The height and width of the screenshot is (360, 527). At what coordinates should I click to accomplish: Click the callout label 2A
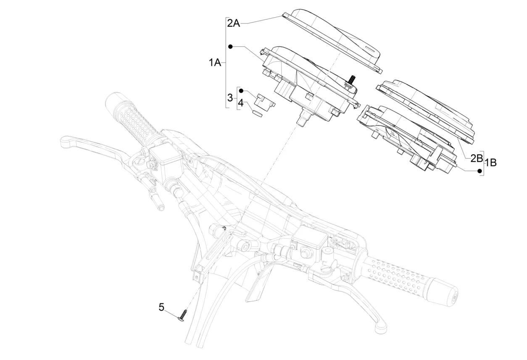(x=233, y=23)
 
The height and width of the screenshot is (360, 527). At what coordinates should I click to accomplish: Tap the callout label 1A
(x=215, y=63)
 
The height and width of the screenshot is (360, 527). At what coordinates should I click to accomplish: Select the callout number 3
(x=230, y=98)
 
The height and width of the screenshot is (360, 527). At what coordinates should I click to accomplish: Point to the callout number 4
(x=240, y=102)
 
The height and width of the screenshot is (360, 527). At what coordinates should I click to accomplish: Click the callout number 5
(x=162, y=307)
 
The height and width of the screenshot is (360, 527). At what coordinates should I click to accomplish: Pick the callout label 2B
(x=476, y=158)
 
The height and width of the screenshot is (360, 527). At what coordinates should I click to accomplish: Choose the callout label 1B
(x=490, y=163)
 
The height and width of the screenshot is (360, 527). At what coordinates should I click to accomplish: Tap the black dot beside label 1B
(x=480, y=171)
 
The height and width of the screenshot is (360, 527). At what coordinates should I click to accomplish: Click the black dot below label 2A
(x=230, y=46)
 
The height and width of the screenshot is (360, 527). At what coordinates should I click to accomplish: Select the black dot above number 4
(x=241, y=90)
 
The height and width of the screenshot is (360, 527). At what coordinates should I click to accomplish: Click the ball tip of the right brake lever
(x=380, y=325)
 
